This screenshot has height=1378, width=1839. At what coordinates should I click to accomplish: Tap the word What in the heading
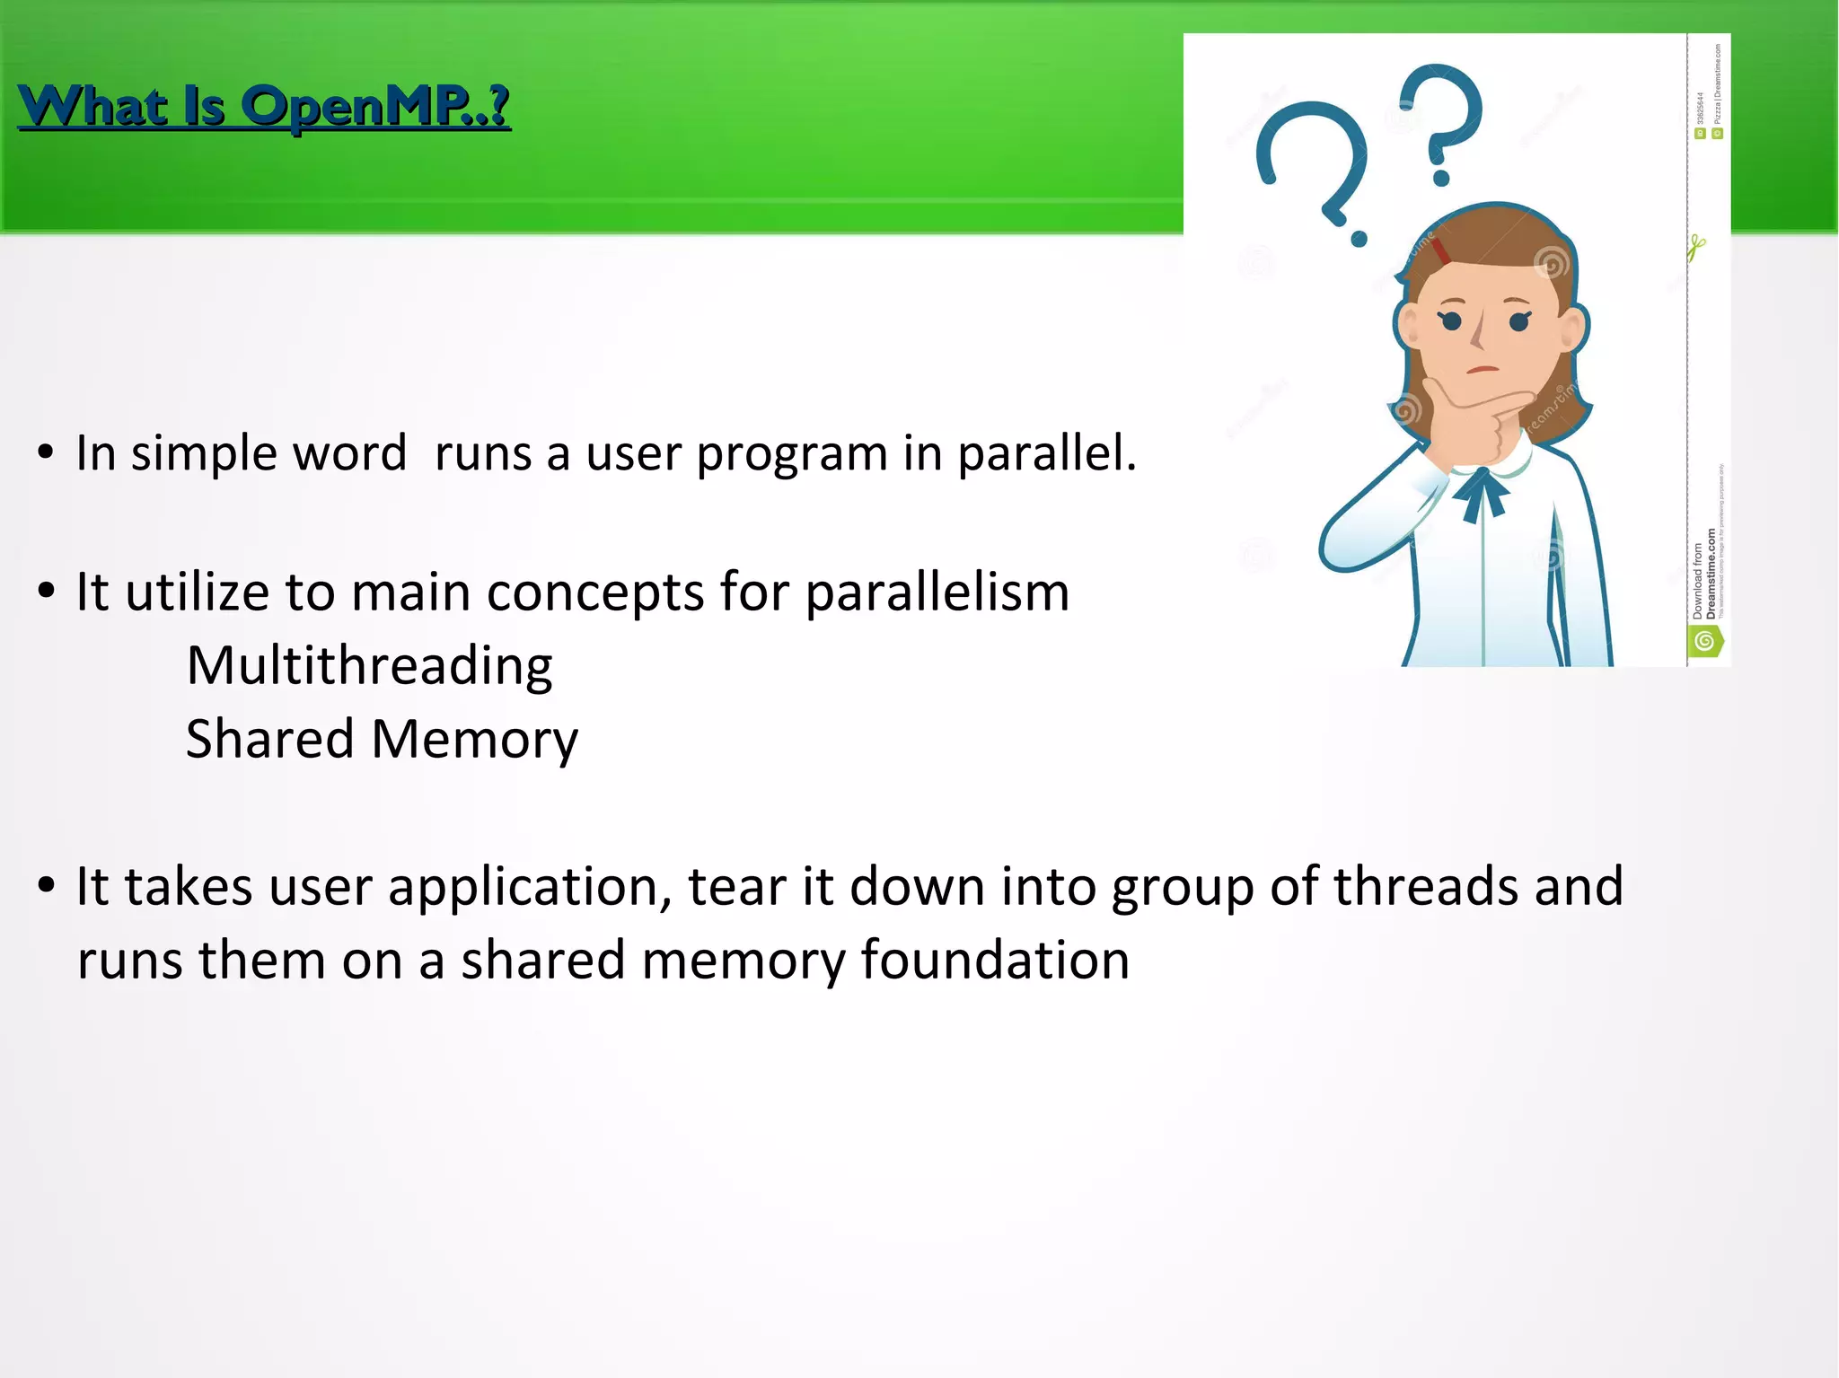(93, 106)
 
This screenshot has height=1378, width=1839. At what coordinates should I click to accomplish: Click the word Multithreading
(369, 666)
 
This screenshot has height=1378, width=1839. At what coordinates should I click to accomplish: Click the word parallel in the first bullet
(1046, 452)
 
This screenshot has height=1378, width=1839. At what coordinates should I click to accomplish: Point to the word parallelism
(937, 592)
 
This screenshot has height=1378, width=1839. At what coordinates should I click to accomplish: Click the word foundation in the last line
(994, 960)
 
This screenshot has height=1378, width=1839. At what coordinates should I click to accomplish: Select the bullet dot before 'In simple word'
(47, 452)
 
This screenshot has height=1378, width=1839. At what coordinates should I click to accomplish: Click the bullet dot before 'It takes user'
(47, 886)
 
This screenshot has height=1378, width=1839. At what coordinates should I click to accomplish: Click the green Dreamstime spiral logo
(1704, 641)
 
